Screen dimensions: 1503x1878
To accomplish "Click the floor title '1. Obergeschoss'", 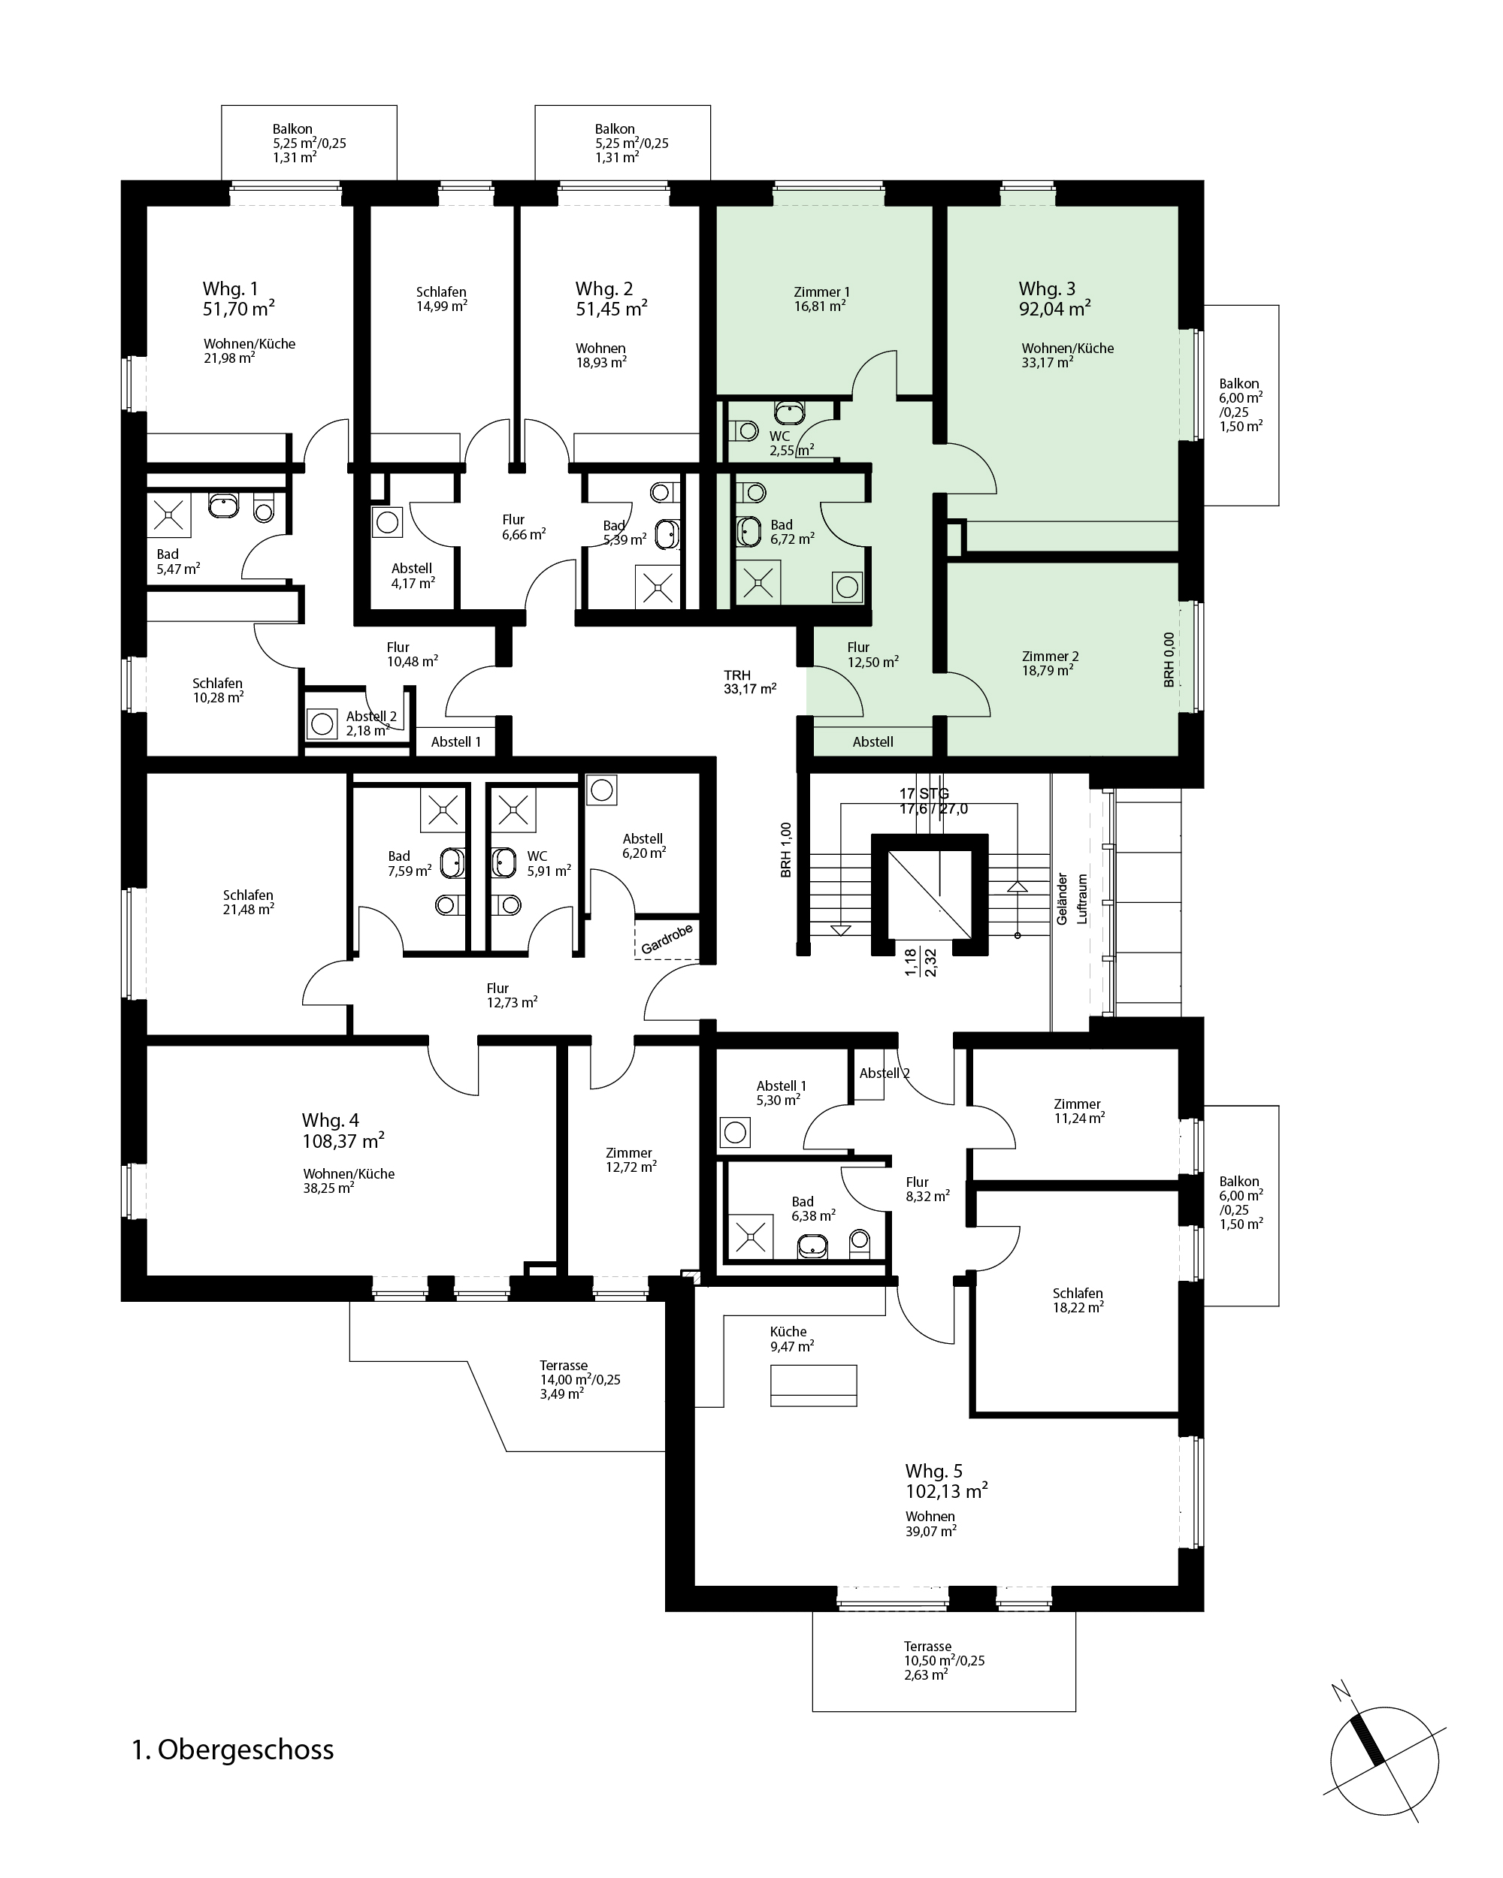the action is (x=233, y=1750).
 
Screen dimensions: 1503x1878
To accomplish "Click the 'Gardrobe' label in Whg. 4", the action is (x=667, y=939).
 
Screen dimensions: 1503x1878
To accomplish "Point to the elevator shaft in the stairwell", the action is (x=930, y=895).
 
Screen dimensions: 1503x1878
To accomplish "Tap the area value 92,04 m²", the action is (x=1054, y=308).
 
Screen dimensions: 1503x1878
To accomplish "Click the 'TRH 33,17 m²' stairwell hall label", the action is (x=749, y=682).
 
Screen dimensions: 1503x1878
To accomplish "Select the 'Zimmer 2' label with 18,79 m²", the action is (x=1050, y=663).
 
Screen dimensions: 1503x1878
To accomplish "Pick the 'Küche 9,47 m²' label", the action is (x=791, y=1339).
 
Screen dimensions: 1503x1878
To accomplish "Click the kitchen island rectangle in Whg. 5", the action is (x=814, y=1386).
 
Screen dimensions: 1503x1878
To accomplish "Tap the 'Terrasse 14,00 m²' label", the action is (x=579, y=1380).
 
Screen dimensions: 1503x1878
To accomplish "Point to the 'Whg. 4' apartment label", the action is (x=330, y=1120).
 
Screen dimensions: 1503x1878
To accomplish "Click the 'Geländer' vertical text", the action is (x=1061, y=899).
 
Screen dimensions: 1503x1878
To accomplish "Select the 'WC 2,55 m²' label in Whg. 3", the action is (x=791, y=443).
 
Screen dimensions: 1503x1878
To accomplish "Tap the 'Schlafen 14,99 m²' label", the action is (x=442, y=299).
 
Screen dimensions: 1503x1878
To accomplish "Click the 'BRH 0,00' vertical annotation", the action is (x=1169, y=660).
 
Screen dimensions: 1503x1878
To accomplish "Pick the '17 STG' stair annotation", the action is (x=924, y=793).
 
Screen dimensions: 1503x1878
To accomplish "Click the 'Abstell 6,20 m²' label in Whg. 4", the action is (x=644, y=846).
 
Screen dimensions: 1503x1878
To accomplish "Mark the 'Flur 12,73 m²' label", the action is (x=512, y=995).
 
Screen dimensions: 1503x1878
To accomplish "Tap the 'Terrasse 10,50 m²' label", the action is (x=944, y=1660).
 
